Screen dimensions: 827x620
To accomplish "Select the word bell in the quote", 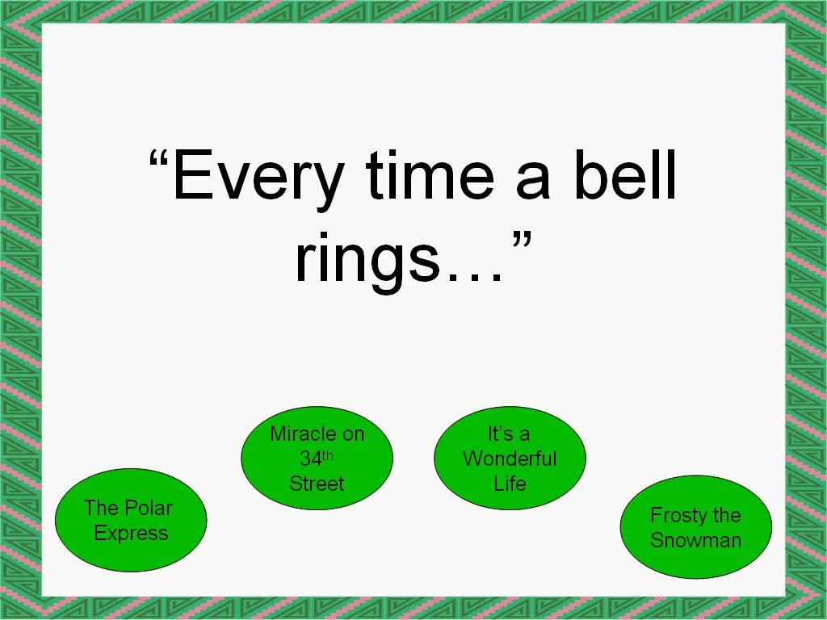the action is point(625,174).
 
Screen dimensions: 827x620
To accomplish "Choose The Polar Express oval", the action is point(131,521).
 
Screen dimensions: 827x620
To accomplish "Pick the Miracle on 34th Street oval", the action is point(317,459).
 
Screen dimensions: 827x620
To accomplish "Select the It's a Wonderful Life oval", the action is point(510,459).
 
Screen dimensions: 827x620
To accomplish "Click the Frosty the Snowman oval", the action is point(696,527).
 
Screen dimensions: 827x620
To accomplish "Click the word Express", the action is point(131,534).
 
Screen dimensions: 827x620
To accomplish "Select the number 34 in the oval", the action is point(310,459).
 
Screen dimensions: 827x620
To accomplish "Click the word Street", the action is point(317,484).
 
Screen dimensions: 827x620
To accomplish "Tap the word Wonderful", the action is point(510,459).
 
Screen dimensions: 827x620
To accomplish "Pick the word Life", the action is point(510,484).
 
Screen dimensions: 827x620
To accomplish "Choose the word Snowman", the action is point(696,540).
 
